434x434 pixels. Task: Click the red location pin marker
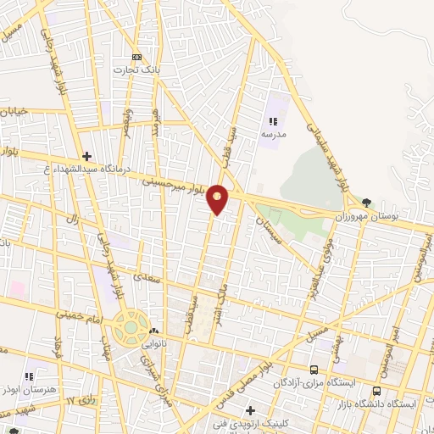pyautogui.click(x=218, y=199)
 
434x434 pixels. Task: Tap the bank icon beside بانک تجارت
pyautogui.click(x=150, y=57)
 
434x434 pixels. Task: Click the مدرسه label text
pyautogui.click(x=273, y=134)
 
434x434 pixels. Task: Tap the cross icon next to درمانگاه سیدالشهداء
pyautogui.click(x=86, y=156)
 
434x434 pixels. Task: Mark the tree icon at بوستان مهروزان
pyautogui.click(x=366, y=203)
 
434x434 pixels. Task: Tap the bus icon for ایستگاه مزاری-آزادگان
pyautogui.click(x=314, y=370)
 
